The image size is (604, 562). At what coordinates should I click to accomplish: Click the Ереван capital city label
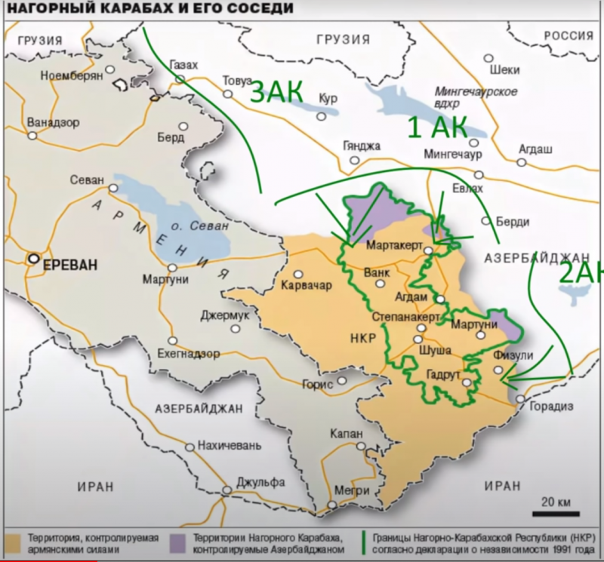(70, 264)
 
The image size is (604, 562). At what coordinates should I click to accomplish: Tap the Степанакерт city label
(405, 318)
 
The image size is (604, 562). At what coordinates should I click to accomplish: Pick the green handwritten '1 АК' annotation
(438, 127)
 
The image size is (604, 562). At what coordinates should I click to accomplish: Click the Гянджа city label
(362, 146)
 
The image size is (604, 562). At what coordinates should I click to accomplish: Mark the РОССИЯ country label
(570, 35)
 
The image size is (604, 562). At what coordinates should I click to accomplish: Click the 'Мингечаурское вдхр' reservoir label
(476, 98)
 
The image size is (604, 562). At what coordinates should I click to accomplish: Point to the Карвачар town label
(305, 287)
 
